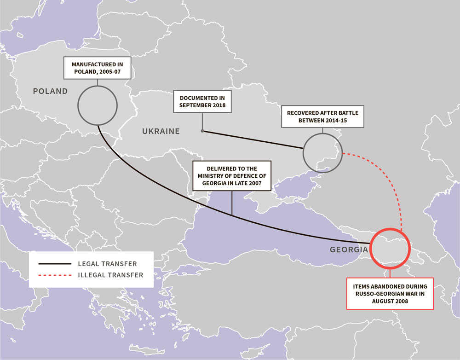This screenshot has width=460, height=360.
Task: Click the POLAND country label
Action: point(50,91)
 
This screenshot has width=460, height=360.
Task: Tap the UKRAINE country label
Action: point(161,131)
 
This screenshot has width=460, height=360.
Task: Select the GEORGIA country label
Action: point(349,250)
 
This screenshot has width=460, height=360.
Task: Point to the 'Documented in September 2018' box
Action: point(202,102)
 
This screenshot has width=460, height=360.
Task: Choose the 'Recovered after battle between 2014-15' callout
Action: point(322,116)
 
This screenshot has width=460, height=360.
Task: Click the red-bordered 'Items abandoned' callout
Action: point(390,294)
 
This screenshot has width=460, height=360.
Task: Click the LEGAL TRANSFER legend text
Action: point(107,264)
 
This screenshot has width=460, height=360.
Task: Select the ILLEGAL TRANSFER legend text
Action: point(111,275)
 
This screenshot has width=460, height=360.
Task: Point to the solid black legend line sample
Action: point(55,264)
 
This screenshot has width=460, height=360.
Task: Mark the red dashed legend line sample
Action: point(55,275)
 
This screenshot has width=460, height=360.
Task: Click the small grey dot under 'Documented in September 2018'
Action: point(202,131)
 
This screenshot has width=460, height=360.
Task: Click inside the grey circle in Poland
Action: point(97,105)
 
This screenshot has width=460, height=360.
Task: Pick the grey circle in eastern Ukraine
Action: point(322,152)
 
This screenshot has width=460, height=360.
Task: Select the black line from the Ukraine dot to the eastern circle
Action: point(253,140)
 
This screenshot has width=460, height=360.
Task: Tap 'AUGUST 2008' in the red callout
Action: point(390,301)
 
